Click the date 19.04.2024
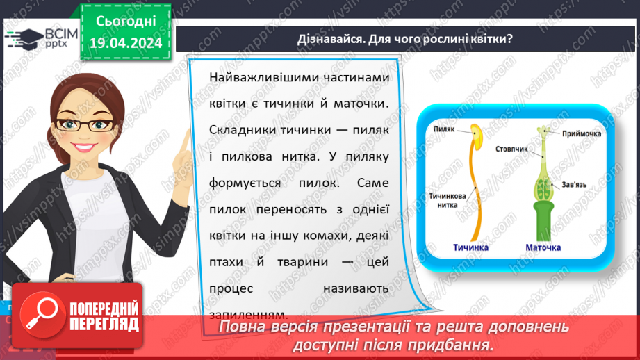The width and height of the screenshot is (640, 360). (x=125, y=42)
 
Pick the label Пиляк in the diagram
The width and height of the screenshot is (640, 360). (x=443, y=129)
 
